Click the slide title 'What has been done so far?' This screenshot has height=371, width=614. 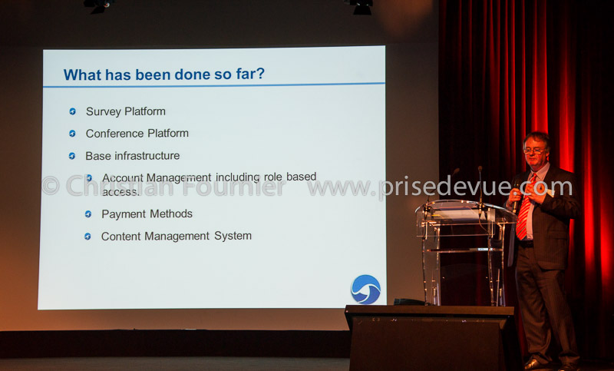click(164, 74)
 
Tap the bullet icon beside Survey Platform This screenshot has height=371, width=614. click(72, 111)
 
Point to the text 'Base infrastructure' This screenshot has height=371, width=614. click(132, 156)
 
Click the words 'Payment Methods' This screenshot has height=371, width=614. click(147, 214)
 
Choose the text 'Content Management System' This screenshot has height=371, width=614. click(177, 237)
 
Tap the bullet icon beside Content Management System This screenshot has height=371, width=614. click(87, 237)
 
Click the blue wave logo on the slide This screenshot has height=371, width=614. click(366, 289)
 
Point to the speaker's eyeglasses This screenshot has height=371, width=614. click(535, 151)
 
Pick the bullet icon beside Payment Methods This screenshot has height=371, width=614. click(88, 214)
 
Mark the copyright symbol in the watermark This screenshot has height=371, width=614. click(51, 185)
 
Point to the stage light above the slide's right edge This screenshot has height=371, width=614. click(360, 7)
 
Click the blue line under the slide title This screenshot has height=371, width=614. click(214, 84)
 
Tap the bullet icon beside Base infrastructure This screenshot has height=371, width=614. click(71, 156)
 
